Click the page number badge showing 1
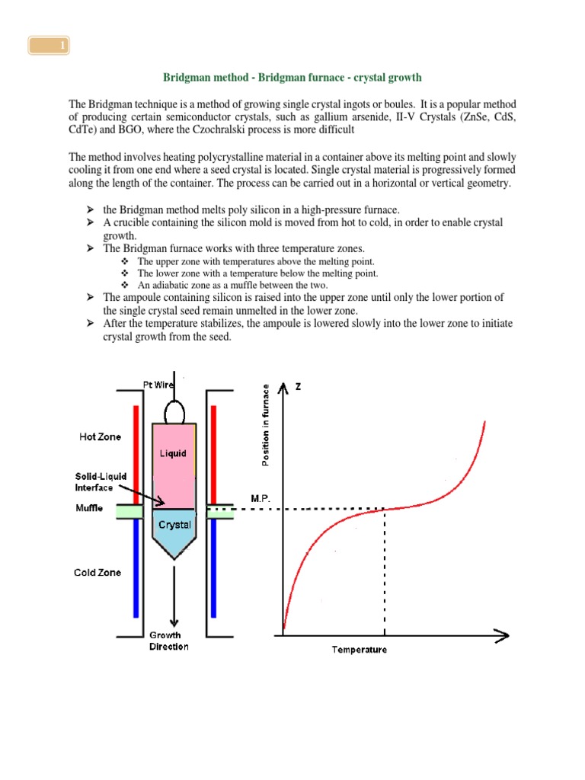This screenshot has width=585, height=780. [x=50, y=47]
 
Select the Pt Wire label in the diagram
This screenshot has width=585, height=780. [x=159, y=384]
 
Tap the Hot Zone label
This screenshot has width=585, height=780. [x=99, y=437]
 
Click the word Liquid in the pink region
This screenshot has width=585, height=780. [x=172, y=454]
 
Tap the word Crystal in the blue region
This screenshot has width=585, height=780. [x=174, y=525]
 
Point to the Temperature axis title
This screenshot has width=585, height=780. [x=359, y=650]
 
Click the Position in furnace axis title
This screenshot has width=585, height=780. [x=265, y=427]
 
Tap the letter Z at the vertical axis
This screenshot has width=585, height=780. [x=298, y=387]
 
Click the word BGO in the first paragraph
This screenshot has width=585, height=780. [x=124, y=129]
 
